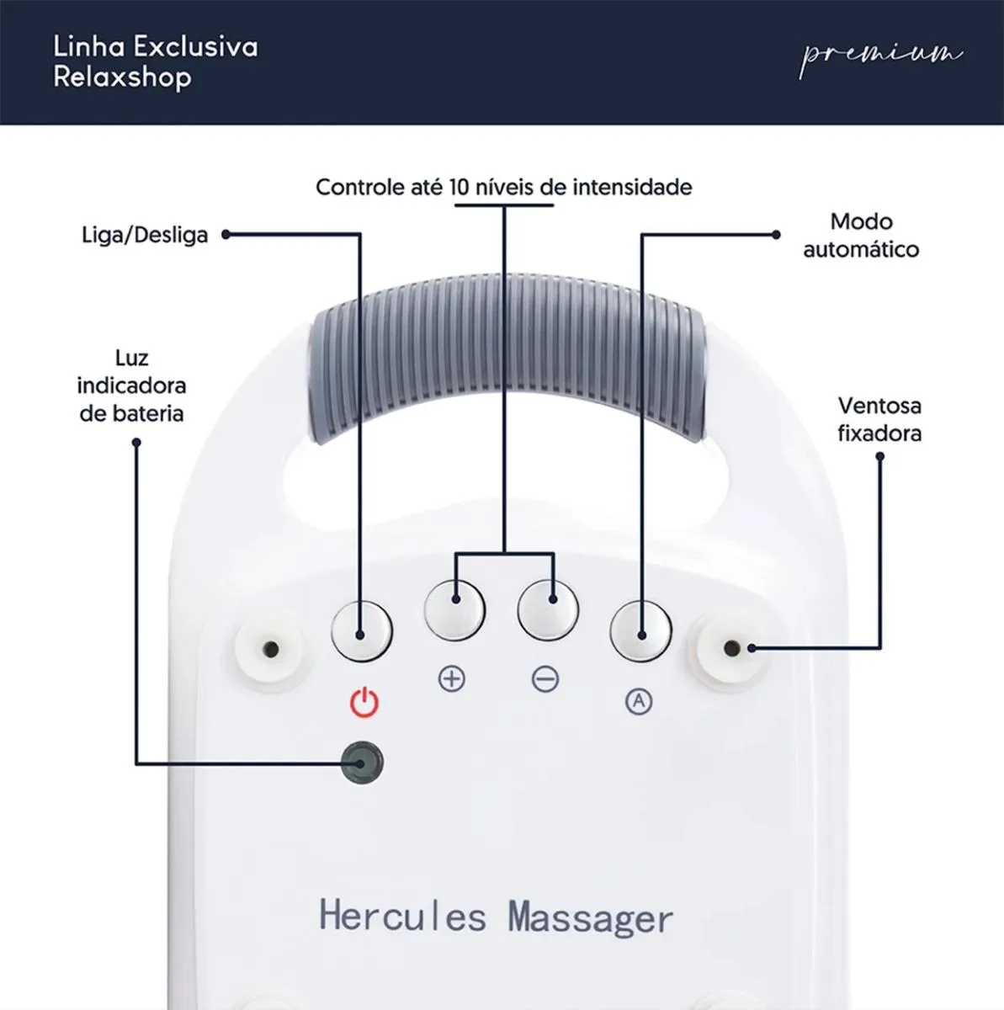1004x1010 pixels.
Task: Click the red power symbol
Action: click(x=364, y=702)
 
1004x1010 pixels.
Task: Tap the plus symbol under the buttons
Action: click(x=452, y=678)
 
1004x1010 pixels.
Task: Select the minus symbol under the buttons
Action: click(x=545, y=678)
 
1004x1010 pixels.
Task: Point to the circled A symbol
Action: click(x=639, y=700)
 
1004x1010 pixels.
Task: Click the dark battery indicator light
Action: click(x=363, y=763)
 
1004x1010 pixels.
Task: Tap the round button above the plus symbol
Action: click(x=454, y=608)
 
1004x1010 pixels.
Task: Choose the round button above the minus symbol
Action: click(x=548, y=608)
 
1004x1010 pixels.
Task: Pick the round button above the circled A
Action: click(x=640, y=630)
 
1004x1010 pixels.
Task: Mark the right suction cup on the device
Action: click(x=730, y=648)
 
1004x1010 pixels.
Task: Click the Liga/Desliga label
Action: click(x=145, y=235)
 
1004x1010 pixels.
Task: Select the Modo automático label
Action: click(x=860, y=236)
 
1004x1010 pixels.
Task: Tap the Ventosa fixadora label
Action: click(x=879, y=419)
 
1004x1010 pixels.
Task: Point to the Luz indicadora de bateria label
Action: click(x=131, y=385)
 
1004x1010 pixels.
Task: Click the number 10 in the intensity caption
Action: click(x=459, y=187)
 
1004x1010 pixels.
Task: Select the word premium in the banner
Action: click(x=880, y=56)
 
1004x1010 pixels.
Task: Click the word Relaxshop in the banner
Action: click(x=122, y=77)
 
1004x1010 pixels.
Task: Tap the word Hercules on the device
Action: click(x=402, y=916)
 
